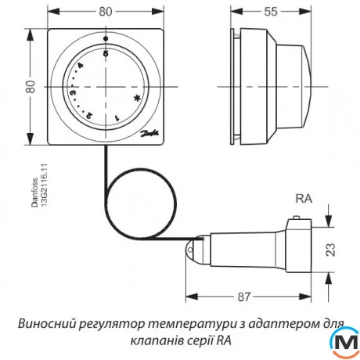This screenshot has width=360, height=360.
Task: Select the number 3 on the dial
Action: (x=73, y=93)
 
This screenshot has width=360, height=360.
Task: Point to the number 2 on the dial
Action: (x=88, y=114)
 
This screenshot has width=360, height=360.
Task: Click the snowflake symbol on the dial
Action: (x=137, y=99)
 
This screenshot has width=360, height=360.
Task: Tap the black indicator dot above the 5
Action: (x=106, y=37)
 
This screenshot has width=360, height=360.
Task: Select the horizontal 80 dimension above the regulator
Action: (x=105, y=12)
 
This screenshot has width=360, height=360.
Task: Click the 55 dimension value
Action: (x=269, y=12)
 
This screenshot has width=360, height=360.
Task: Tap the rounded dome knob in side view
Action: (x=301, y=85)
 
